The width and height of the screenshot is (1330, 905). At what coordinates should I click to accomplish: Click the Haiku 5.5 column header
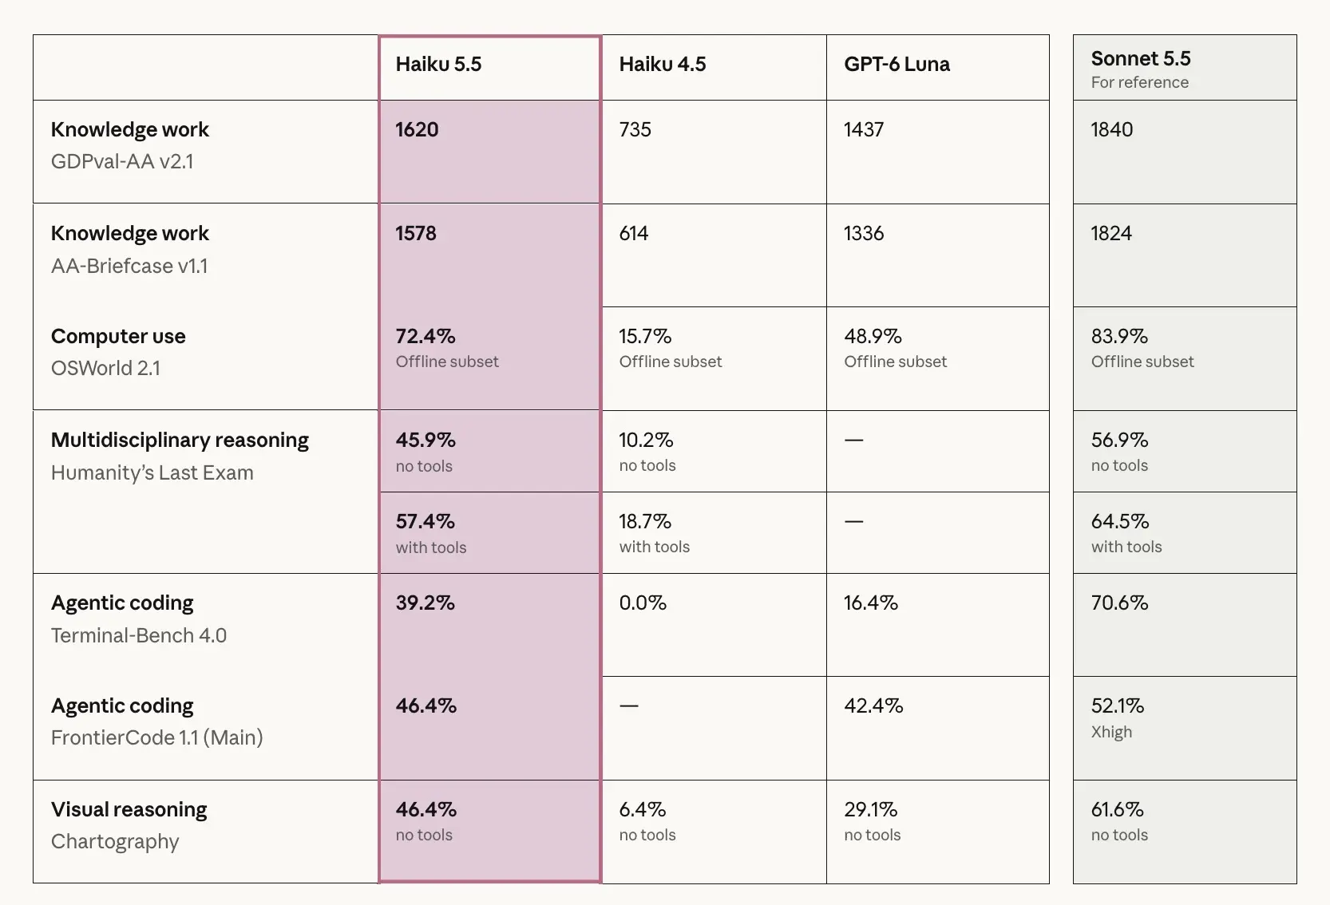tap(438, 64)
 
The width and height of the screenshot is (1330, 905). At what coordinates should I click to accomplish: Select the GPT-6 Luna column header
tap(897, 64)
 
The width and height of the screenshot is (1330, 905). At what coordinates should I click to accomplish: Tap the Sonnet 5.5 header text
tap(1141, 58)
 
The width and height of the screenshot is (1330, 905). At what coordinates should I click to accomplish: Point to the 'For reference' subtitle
tap(1139, 82)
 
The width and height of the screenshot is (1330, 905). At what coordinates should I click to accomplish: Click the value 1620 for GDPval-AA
tap(417, 129)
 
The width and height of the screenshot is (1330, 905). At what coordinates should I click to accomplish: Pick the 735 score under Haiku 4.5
tap(635, 129)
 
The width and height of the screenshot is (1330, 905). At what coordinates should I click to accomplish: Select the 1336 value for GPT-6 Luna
tap(863, 233)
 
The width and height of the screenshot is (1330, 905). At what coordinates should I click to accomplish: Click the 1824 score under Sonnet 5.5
tap(1111, 233)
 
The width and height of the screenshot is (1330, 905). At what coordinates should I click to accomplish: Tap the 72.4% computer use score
tap(426, 337)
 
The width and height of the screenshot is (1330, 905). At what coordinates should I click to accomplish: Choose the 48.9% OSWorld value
tap(873, 337)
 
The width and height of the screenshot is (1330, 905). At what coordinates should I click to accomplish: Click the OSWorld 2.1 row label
tap(105, 368)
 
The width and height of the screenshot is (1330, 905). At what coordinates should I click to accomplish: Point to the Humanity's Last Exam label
tap(152, 472)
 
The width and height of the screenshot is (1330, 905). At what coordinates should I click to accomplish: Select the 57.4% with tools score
tap(426, 522)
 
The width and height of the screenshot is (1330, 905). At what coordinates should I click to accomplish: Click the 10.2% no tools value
tap(646, 441)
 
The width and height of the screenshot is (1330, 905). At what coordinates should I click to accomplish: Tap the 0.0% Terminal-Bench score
tap(643, 603)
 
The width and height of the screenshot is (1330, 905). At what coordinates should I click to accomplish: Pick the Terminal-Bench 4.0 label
tap(138, 635)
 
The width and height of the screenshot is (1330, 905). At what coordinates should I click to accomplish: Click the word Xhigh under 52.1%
tap(1111, 732)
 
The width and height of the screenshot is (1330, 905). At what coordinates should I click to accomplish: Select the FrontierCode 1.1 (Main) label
tap(156, 737)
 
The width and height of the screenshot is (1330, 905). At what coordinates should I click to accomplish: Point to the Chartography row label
tap(115, 842)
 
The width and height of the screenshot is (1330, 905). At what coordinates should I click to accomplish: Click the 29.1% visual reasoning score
tap(870, 809)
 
